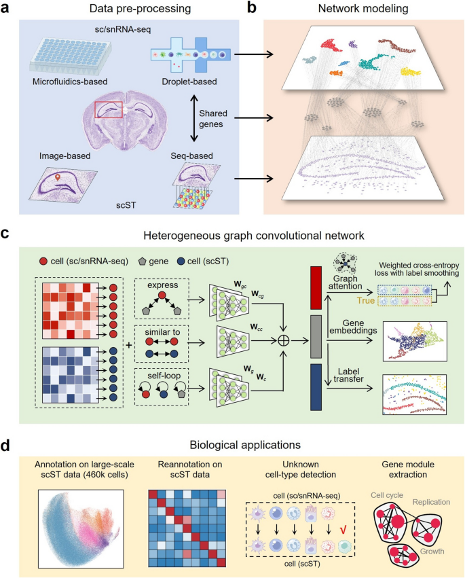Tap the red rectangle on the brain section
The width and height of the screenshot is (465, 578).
coord(108,107)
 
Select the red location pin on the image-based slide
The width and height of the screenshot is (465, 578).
coord(58,178)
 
